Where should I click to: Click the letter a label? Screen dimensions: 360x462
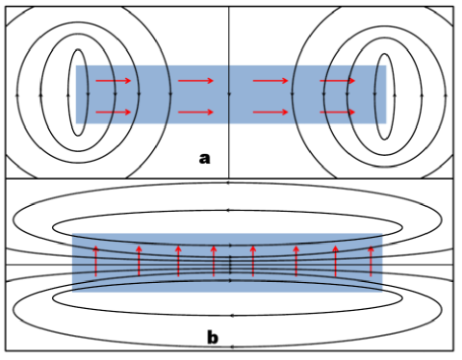pyautogui.click(x=203, y=158)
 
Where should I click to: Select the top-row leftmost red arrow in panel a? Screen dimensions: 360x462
pyautogui.click(x=114, y=81)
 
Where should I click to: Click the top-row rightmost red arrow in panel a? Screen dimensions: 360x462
pyautogui.click(x=337, y=81)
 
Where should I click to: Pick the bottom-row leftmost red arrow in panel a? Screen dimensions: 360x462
pyautogui.click(x=114, y=112)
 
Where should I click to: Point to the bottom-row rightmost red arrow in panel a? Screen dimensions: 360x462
pyautogui.click(x=337, y=112)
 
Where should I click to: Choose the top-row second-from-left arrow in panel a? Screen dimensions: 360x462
pyautogui.click(x=194, y=81)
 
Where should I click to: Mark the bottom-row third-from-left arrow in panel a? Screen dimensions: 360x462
pyautogui.click(x=270, y=112)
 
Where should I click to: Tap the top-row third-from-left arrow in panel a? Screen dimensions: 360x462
pyautogui.click(x=270, y=81)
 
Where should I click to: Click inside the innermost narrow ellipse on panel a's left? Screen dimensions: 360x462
pyautogui.click(x=76, y=96)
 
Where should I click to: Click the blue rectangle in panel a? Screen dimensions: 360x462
pyautogui.click(x=231, y=96)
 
